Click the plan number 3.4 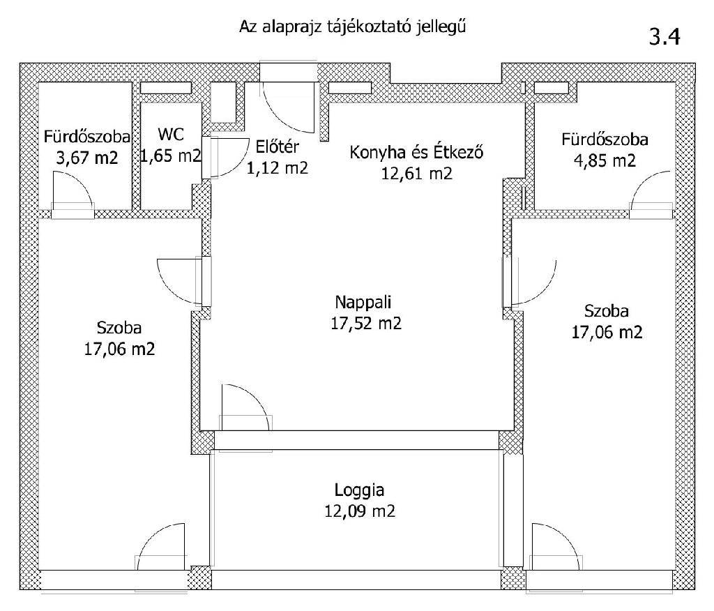pos(664,36)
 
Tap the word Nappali pos(363,301)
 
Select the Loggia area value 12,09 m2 pos(359,511)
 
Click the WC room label pos(171,135)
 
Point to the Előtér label pos(277,146)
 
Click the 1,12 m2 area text pos(277,168)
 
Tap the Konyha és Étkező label pos(416,152)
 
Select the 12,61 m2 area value pos(417,174)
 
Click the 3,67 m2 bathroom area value pos(87,158)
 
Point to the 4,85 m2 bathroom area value pos(605,161)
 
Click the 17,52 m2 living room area pos(366,324)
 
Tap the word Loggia pos(359,490)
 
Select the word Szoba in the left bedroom pos(119,328)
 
